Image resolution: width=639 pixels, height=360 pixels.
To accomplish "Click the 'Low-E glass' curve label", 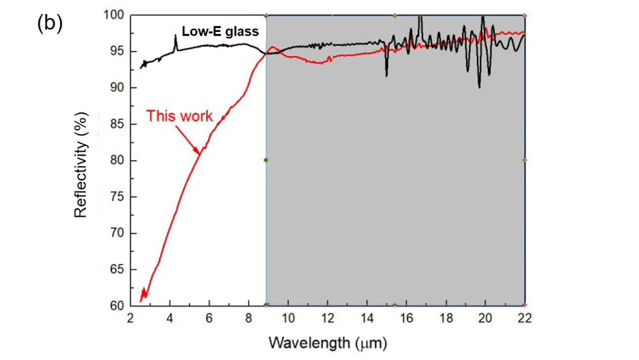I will tap(227, 32).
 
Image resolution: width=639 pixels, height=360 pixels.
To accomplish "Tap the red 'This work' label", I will tap(179, 116).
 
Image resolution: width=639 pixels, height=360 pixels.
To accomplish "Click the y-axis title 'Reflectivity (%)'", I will tap(81, 164).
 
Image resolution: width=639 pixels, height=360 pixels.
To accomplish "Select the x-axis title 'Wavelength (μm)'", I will tap(328, 343).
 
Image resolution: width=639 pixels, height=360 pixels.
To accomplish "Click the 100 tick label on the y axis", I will tap(114, 15).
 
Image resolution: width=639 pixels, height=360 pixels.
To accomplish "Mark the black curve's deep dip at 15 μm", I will tap(387, 75).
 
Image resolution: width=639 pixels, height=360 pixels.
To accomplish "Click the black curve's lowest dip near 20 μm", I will tap(479, 87).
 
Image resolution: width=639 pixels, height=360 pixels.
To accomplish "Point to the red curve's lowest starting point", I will tap(141, 301).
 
